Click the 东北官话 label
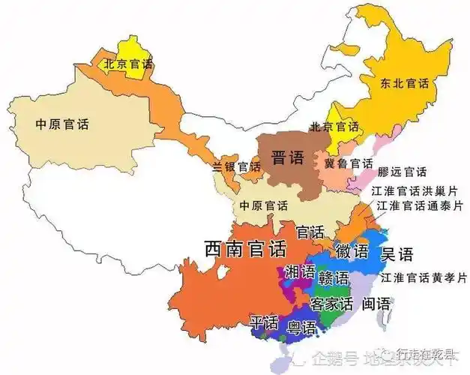point(403,84)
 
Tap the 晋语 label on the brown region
point(287,158)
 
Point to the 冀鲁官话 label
point(349,163)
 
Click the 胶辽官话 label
point(402,172)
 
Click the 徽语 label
point(352,250)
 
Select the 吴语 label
point(397,255)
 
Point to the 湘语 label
point(301,272)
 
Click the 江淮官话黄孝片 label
point(424,277)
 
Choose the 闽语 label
point(375,304)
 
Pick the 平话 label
point(264,323)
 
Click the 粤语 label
point(298,326)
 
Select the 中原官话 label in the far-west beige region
point(62,124)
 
